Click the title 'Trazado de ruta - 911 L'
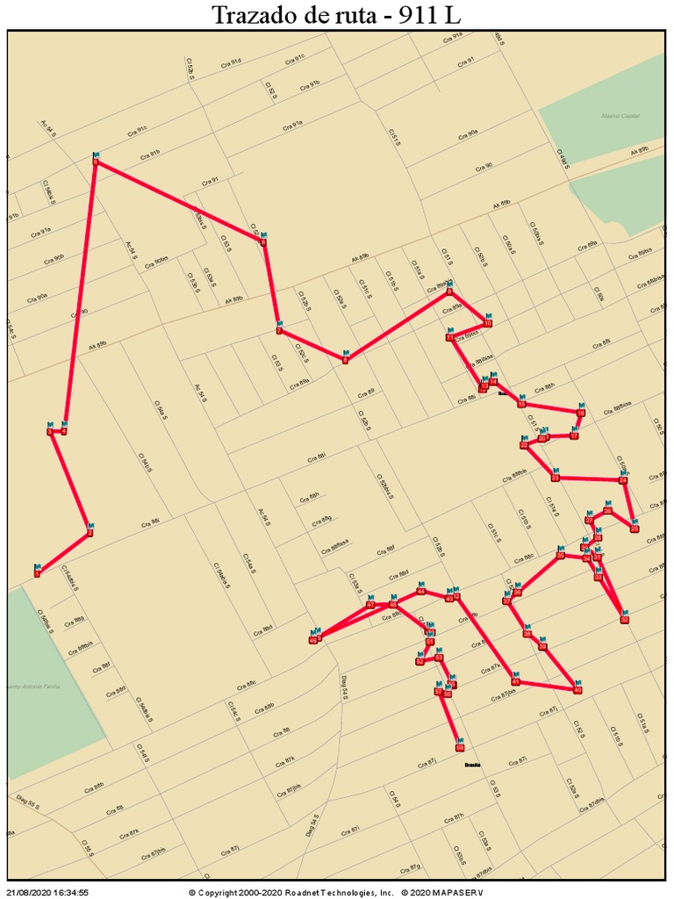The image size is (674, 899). pos(337,15)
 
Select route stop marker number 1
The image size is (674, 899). pos(37,572)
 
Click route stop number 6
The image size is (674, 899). pos(262,241)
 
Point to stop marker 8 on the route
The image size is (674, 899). pos(346,360)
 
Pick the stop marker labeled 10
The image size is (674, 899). pos(488,323)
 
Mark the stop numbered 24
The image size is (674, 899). pos(623,480)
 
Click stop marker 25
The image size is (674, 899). pos(635,528)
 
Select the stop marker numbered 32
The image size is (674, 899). pos(624,619)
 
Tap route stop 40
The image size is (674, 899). pos(577,689)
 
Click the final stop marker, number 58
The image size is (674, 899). pos(459,748)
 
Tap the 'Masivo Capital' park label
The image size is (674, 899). pos(620,116)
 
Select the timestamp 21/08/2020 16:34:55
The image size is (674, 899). pos(47,892)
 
